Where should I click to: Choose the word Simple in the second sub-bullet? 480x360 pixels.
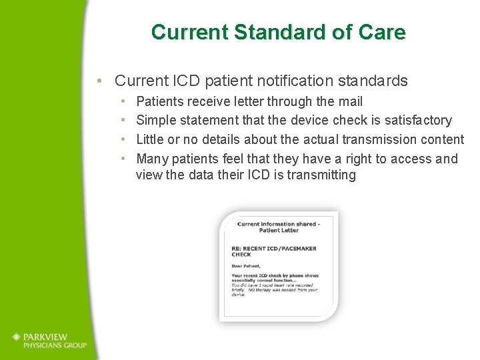point(155,121)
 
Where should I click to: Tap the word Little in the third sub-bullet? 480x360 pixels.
point(150,139)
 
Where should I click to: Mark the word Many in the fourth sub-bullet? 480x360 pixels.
point(151,159)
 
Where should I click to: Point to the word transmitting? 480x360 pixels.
point(321,175)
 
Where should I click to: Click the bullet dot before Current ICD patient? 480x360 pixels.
point(99,82)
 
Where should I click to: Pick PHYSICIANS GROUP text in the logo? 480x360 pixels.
point(56,345)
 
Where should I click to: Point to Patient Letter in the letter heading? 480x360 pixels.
point(279,230)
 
